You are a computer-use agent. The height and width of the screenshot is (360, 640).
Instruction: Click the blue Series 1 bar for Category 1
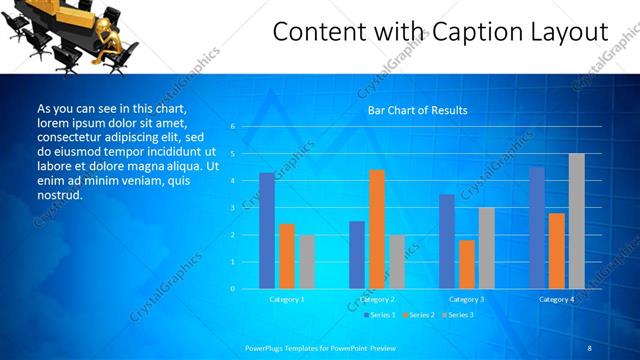[267, 231]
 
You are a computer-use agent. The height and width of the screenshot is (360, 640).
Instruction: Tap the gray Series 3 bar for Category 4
[577, 221]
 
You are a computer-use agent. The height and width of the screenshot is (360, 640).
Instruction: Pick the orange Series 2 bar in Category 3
[467, 264]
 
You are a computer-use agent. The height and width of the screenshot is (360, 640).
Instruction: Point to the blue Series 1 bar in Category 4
[537, 228]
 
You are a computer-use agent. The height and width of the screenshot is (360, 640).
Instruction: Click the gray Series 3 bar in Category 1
[307, 262]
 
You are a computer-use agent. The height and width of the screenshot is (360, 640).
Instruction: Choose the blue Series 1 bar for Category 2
[357, 255]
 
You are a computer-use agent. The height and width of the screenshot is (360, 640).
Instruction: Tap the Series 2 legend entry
[419, 315]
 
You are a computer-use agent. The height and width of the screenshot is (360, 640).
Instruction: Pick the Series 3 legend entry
[458, 315]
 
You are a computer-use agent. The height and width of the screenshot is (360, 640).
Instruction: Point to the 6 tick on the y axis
[232, 127]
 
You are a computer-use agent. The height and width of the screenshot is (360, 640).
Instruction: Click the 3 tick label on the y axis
[232, 208]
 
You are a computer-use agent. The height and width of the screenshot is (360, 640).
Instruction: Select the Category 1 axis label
[287, 299]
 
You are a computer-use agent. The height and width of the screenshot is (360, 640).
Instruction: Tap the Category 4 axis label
[557, 299]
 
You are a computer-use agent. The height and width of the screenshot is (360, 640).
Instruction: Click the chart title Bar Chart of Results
[412, 110]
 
